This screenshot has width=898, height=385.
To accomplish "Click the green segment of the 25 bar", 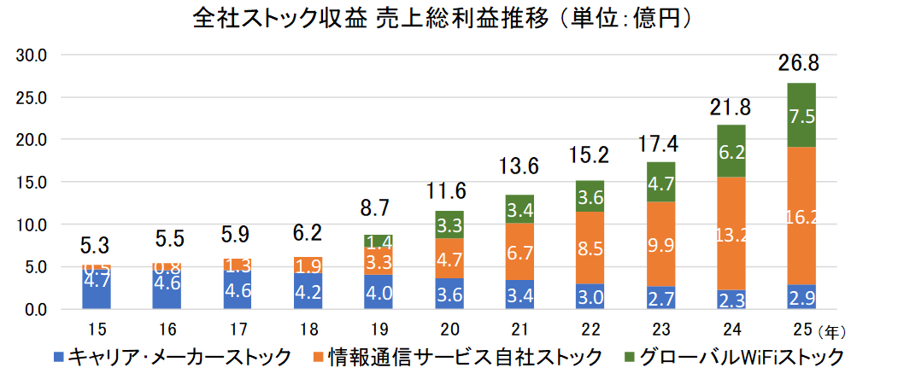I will click(801, 115).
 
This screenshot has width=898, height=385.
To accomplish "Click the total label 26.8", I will click(801, 63).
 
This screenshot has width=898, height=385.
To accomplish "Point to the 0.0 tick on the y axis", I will click(34, 309).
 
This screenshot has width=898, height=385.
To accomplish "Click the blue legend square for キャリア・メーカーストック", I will click(59, 356).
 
